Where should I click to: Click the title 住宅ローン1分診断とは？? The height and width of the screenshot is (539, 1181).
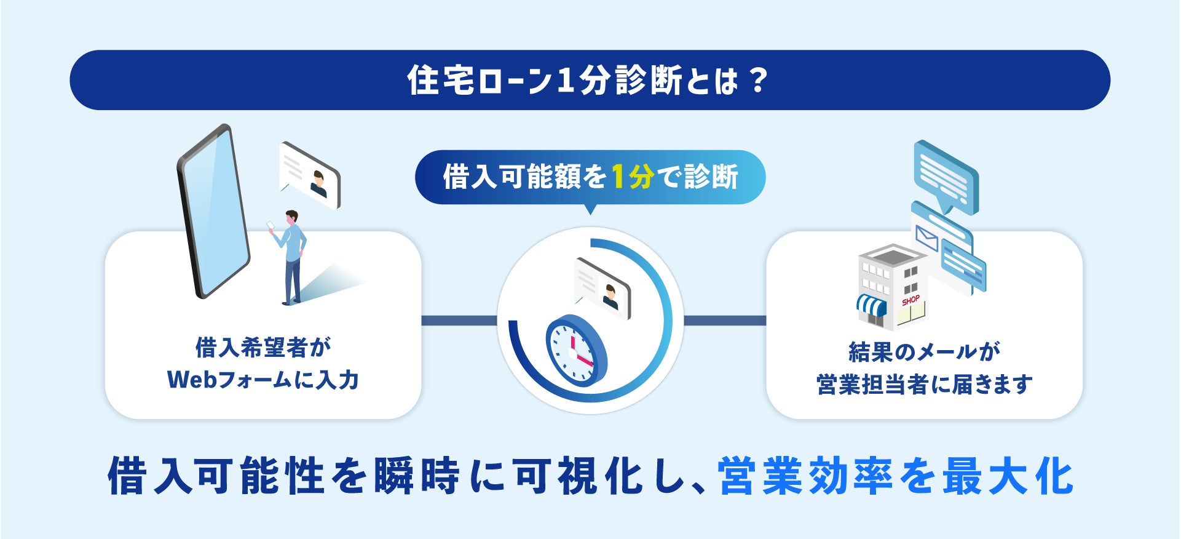[x=588, y=81]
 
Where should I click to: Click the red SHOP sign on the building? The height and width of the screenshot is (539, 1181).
[x=910, y=300]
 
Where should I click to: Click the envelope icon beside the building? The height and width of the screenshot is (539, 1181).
[x=926, y=238]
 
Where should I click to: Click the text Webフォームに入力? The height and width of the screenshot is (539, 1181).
[x=263, y=380]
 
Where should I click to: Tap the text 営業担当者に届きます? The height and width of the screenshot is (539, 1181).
[x=924, y=385]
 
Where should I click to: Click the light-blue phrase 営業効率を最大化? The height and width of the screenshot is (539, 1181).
[x=896, y=476]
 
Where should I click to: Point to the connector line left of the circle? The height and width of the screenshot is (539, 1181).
[x=459, y=321]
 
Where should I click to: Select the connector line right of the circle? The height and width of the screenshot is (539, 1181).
[x=725, y=321]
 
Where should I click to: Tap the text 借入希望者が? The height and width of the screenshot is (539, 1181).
[x=263, y=348]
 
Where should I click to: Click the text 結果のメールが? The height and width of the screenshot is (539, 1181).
[x=924, y=351]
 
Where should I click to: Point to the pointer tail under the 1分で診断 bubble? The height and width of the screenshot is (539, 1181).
[x=590, y=209]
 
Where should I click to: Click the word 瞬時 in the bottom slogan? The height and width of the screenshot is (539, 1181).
[x=416, y=476]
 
